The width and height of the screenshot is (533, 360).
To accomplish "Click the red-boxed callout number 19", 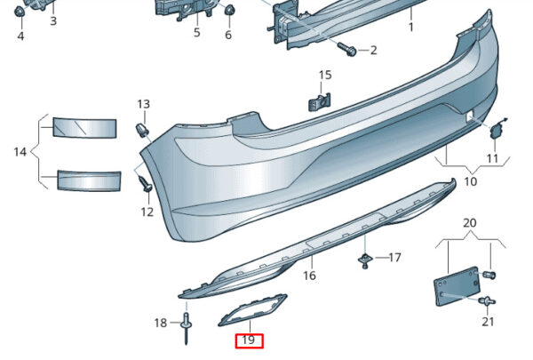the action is click(249, 340).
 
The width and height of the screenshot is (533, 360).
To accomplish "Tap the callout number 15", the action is click(325, 76).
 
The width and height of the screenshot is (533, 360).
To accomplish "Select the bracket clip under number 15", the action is click(320, 101).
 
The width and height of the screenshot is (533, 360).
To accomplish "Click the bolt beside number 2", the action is click(347, 50).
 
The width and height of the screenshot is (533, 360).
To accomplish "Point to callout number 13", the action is click(143, 104).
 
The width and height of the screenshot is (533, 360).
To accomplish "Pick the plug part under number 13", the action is click(142, 129).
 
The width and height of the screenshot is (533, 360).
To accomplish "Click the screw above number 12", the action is click(146, 183).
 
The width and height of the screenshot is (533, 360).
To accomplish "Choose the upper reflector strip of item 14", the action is click(84, 128).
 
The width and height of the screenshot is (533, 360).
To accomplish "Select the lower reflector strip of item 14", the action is click(89, 180).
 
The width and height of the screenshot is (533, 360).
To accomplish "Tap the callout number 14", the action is click(20, 152).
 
